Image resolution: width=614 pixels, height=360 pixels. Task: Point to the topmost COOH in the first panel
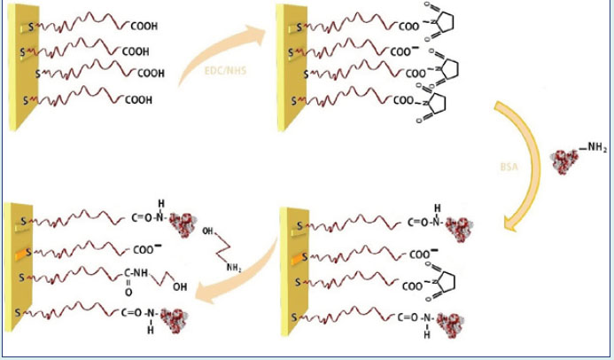(x=141, y=27)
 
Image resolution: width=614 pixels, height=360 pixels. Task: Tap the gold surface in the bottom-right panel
(x=291, y=275)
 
